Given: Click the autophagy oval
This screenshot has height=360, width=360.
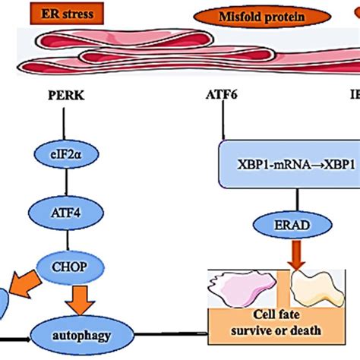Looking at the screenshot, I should tap(83, 333).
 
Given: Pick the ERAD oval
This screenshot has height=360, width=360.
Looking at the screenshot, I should tap(289, 226).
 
